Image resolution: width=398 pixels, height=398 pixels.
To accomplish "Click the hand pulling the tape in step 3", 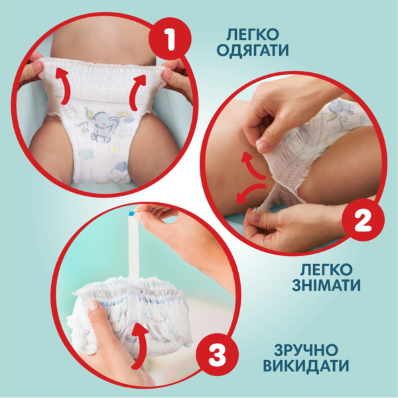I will (186, 229).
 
